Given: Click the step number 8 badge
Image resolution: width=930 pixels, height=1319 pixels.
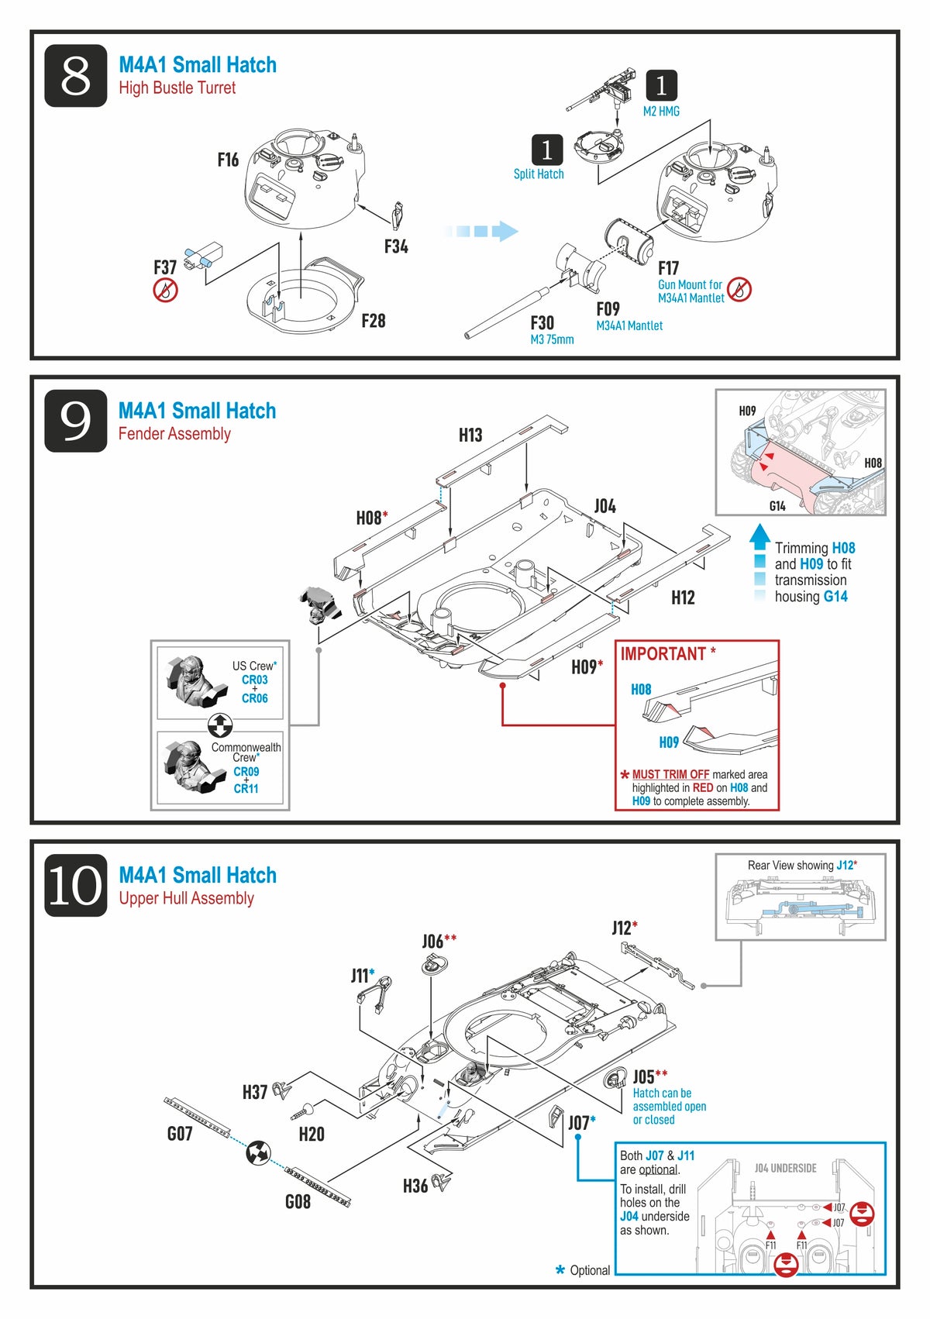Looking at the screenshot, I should (x=75, y=75).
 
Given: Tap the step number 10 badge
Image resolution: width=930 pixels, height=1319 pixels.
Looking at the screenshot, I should (x=75, y=885).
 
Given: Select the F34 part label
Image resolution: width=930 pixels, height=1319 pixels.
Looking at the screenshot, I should (x=396, y=246).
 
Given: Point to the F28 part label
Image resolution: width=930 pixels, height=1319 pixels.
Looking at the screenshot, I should (x=373, y=321).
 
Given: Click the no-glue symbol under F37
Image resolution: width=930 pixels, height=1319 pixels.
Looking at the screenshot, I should (x=165, y=291).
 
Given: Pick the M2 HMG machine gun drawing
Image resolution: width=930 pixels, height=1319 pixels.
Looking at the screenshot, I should (x=601, y=92).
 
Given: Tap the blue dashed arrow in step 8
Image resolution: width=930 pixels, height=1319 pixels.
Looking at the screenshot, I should (x=481, y=231).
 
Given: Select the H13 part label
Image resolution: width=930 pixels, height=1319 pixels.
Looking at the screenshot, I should (x=470, y=435).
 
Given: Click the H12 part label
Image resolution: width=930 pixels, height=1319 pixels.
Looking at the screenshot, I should (x=683, y=598).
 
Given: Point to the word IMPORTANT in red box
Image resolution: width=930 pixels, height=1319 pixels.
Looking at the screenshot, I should (x=663, y=654).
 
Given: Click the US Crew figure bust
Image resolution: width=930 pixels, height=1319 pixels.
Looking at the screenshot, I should (x=191, y=680).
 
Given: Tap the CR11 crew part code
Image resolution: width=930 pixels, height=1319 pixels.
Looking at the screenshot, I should (x=246, y=788).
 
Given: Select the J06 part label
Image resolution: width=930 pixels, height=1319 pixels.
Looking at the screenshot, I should (x=434, y=942).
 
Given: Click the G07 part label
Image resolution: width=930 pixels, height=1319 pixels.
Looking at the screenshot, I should (x=180, y=1134).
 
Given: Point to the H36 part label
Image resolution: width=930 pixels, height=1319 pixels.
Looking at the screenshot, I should (x=415, y=1186).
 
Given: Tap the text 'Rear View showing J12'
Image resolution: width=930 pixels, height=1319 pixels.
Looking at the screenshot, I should (x=801, y=865).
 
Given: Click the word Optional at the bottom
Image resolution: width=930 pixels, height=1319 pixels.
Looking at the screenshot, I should (x=590, y=1270).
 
